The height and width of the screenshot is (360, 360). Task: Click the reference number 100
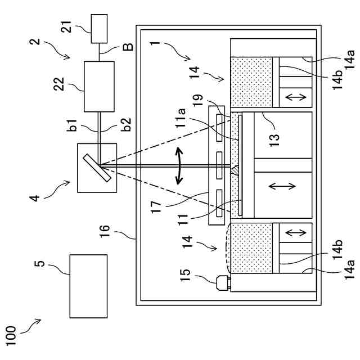click(11, 336)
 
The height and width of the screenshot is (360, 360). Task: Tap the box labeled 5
click(88, 286)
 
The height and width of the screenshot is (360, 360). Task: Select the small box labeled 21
click(99, 29)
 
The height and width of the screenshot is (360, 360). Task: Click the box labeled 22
click(99, 87)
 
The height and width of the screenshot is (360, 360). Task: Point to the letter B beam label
click(128, 47)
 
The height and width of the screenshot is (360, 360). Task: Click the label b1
click(72, 125)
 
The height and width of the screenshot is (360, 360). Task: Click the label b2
click(126, 124)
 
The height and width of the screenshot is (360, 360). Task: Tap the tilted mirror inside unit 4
click(97, 168)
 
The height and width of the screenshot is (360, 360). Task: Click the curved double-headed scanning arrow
click(179, 166)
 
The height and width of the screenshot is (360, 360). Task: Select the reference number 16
click(105, 231)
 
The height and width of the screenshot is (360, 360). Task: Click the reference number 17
click(156, 208)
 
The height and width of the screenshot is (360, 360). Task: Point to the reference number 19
click(198, 100)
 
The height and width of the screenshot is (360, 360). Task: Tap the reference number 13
click(274, 140)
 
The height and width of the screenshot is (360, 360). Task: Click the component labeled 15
click(223, 283)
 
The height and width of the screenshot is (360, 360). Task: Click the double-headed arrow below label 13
click(282, 186)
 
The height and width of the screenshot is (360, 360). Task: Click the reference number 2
click(35, 42)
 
